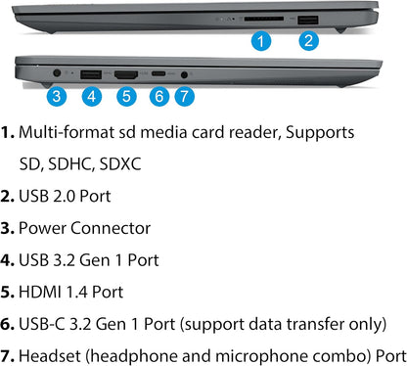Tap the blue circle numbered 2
(308, 41)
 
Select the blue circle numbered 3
(57, 96)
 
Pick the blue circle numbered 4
(91, 96)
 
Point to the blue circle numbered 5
(125, 96)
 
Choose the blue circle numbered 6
(159, 96)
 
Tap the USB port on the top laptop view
(308, 20)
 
